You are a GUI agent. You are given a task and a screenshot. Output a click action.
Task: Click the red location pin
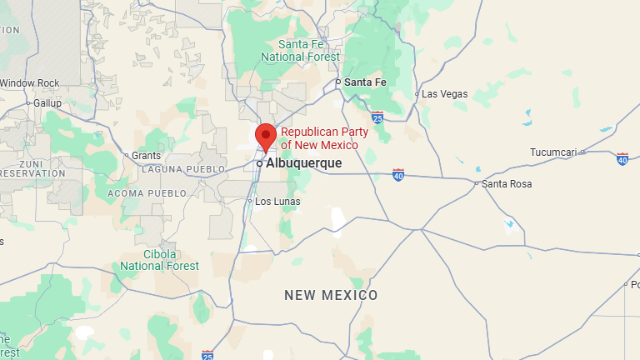point(266,136)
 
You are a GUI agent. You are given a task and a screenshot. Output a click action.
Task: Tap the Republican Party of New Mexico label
point(319,139)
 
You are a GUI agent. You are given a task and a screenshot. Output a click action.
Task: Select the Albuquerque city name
point(303,163)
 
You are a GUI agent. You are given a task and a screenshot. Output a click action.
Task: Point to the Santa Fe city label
point(366,82)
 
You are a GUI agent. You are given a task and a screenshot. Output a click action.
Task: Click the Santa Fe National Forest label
point(300,50)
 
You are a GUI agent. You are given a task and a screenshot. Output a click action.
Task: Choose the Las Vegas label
point(444,94)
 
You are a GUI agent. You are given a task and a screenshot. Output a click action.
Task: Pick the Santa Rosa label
point(507,183)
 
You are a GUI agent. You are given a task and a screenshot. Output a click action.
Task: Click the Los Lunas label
point(277,202)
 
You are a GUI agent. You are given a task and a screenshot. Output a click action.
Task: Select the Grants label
point(147,155)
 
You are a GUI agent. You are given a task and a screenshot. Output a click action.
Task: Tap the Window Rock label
point(30,83)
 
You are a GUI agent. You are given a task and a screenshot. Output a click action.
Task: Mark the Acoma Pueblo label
point(146,193)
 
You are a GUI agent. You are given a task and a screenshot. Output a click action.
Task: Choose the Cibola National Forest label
point(159,260)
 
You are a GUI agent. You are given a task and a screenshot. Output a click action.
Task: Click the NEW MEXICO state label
point(331,295)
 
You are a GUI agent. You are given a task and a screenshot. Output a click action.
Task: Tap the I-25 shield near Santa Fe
point(377,117)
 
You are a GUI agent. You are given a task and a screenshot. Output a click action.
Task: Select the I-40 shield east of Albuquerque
point(398,175)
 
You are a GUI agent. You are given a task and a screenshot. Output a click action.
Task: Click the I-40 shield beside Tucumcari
point(622,158)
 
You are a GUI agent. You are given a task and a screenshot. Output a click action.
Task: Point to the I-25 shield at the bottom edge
point(207,355)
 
